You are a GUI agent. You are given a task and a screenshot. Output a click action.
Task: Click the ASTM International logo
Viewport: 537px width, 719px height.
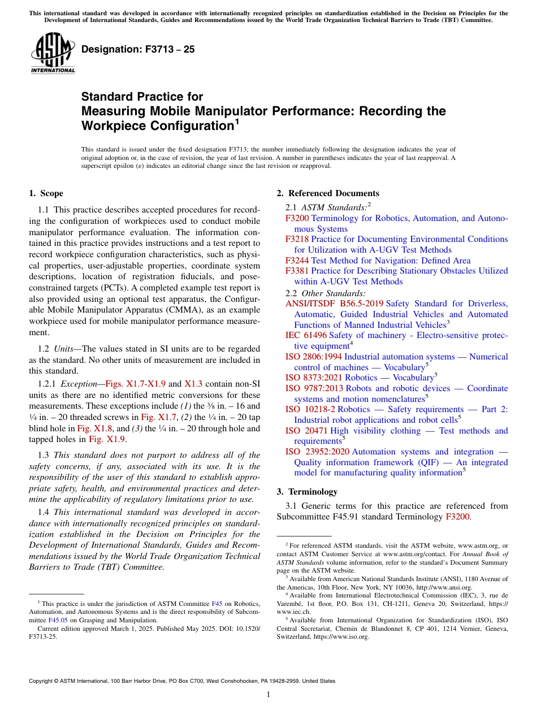click(53, 54)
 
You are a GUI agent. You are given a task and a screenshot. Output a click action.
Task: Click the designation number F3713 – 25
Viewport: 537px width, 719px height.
click(138, 50)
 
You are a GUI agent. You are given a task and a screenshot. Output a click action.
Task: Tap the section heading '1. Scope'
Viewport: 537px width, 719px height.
click(46, 193)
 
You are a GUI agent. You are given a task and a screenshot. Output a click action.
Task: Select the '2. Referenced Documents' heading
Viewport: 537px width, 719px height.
click(328, 193)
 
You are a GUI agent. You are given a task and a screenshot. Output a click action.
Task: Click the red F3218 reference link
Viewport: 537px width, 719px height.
click(297, 239)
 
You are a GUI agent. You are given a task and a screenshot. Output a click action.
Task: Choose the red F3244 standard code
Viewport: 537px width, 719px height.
click(297, 261)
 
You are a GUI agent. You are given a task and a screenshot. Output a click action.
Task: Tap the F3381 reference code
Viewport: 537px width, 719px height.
click(297, 271)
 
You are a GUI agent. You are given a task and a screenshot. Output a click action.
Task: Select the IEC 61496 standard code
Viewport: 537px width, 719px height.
click(306, 335)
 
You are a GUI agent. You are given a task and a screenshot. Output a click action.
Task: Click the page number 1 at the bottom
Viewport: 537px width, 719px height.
click(268, 695)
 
